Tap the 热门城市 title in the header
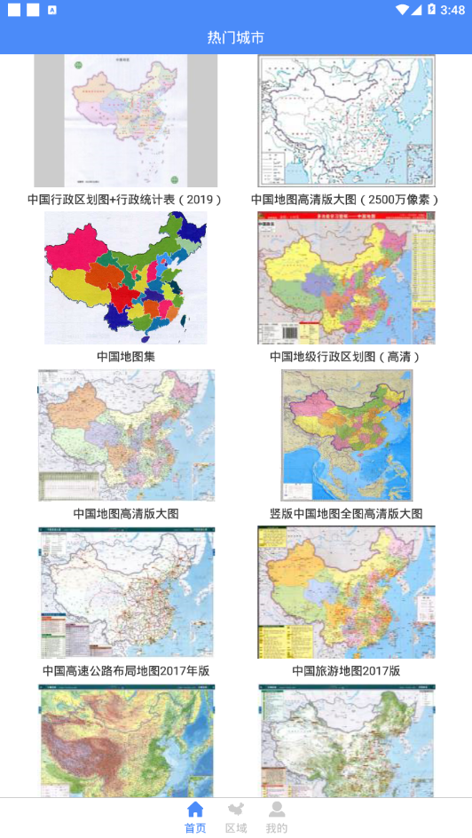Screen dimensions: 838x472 click(x=235, y=37)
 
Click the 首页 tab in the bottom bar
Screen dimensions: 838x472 click(x=195, y=817)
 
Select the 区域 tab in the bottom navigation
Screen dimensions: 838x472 click(x=236, y=817)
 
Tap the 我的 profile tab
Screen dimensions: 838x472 click(x=277, y=817)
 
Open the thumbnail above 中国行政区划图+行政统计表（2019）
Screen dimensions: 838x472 click(x=125, y=121)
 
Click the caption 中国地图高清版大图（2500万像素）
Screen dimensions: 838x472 click(x=346, y=200)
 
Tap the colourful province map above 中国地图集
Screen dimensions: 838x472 click(x=125, y=278)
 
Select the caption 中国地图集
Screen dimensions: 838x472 click(x=125, y=356)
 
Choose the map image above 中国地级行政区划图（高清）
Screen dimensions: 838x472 click(x=346, y=278)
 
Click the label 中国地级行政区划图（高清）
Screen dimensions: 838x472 click(x=346, y=356)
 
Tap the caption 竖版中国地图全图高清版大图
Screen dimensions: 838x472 click(x=346, y=513)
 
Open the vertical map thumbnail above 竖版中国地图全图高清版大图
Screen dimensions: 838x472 click(x=346, y=435)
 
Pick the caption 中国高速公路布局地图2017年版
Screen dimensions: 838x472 click(x=125, y=670)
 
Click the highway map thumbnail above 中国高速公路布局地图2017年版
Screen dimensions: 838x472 click(x=125, y=592)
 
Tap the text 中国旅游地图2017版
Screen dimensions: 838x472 click(x=346, y=670)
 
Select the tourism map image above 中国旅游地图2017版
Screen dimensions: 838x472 click(x=346, y=592)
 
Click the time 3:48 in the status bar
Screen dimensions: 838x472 click(x=452, y=10)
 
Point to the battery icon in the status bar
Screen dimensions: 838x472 click(x=431, y=10)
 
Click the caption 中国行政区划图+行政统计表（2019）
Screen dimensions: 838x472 click(x=125, y=200)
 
